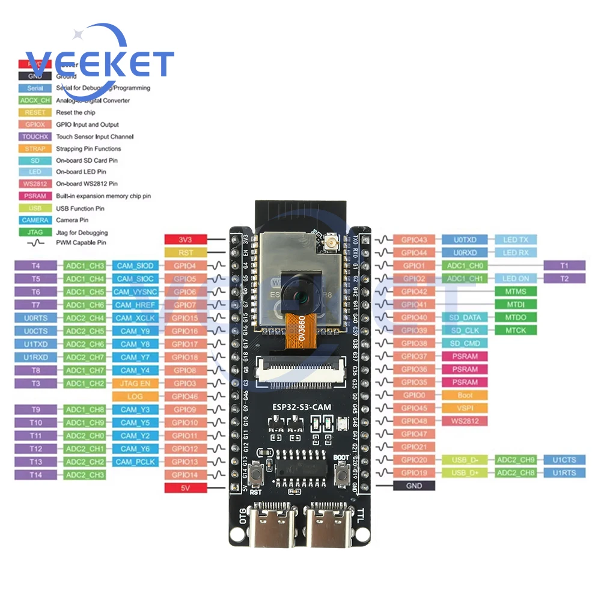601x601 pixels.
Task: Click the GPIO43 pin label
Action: (x=414, y=240)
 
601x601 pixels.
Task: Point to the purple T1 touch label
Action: (x=564, y=266)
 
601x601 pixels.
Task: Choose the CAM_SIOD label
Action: (x=135, y=266)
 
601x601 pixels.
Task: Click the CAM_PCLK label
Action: (x=135, y=462)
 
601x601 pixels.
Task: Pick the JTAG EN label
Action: (x=135, y=383)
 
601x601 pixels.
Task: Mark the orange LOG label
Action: (x=135, y=397)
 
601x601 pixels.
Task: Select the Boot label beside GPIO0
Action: (x=465, y=395)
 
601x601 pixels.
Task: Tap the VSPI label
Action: (x=465, y=408)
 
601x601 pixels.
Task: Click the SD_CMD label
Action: (x=465, y=343)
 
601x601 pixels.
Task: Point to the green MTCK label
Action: (x=516, y=331)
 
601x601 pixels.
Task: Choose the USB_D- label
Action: (x=465, y=460)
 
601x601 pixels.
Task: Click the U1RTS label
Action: (x=564, y=473)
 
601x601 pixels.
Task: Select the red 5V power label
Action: (x=186, y=488)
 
